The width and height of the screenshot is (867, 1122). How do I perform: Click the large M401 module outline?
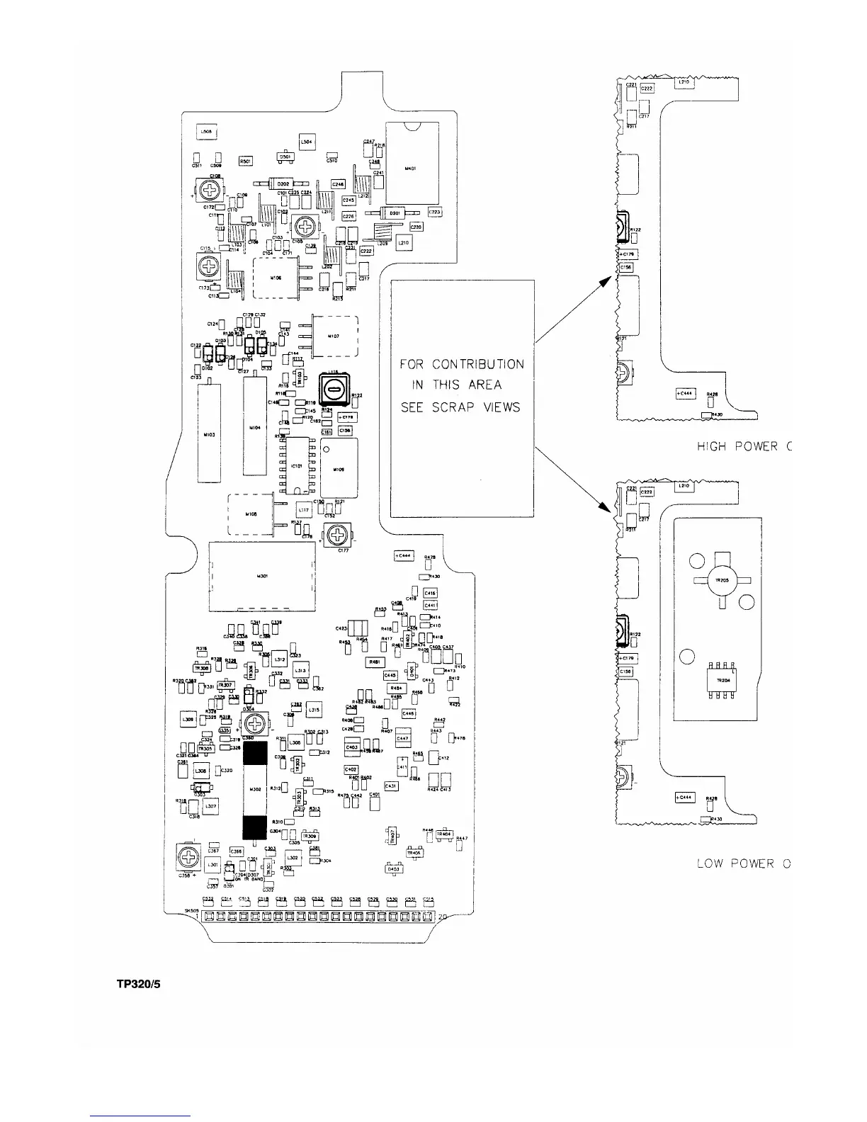[412, 169]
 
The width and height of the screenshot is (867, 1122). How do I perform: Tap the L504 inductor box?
[307, 142]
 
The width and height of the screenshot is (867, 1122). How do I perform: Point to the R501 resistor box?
[246, 161]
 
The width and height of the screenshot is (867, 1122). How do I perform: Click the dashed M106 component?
[276, 278]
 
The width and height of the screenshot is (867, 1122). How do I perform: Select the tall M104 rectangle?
[254, 427]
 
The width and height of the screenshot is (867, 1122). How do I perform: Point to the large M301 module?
[262, 576]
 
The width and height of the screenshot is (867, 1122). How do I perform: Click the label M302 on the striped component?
[256, 788]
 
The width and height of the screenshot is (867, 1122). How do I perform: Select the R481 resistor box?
[374, 662]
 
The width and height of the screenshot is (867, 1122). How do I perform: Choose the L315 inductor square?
[313, 710]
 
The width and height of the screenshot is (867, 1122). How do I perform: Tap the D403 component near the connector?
[392, 868]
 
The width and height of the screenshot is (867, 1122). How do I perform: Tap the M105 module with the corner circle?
[339, 468]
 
